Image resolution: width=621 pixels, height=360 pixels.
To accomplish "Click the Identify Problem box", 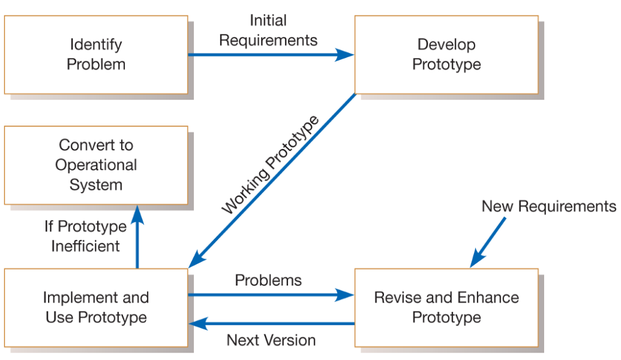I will tap(95, 55).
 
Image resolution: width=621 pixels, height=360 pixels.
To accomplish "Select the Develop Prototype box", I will tap(446, 55).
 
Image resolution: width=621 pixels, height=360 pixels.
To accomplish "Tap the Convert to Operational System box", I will tap(95, 165).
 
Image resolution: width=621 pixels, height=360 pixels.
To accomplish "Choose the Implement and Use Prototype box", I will tap(95, 307).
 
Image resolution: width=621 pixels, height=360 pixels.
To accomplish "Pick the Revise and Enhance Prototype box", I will tap(446, 307).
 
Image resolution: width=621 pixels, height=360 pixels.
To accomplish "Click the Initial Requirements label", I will tap(268, 31).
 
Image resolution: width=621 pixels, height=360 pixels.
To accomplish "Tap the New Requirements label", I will tap(548, 206).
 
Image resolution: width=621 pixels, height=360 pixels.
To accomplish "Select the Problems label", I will tap(268, 281).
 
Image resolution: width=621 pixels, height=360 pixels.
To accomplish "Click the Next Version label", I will tap(271, 340).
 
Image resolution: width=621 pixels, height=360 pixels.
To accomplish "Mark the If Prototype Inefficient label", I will tap(85, 236).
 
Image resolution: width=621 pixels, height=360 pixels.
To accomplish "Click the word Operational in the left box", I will tap(95, 165).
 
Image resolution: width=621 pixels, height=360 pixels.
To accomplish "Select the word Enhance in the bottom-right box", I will tap(487, 298).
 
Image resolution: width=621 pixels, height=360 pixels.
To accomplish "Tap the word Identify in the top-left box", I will tap(95, 45).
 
